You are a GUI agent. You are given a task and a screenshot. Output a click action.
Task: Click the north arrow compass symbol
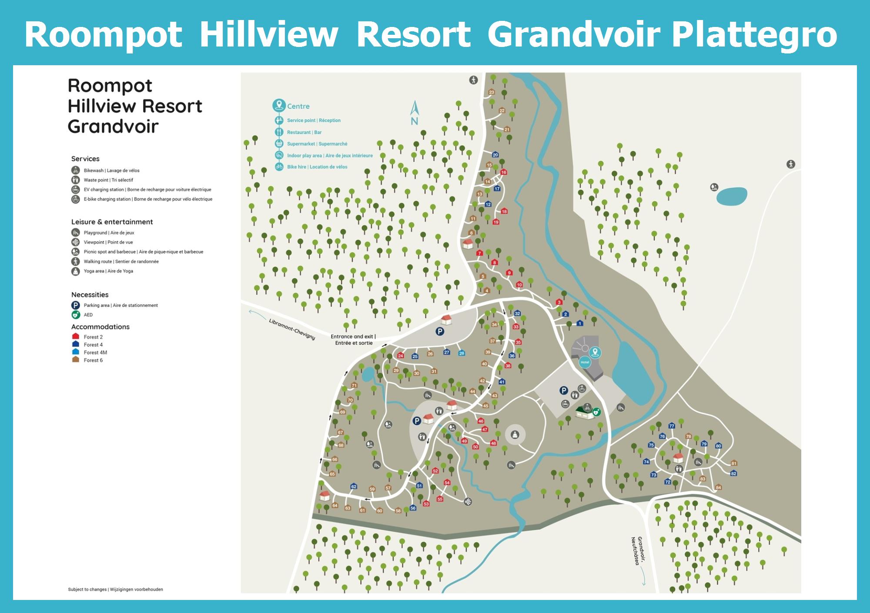[415, 113]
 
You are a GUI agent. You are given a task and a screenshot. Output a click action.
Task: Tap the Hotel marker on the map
[585, 362]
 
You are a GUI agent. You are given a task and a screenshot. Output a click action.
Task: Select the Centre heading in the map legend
[298, 106]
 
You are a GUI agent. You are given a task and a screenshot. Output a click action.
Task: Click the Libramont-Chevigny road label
[291, 329]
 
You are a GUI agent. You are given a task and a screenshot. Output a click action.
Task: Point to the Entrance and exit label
[353, 340]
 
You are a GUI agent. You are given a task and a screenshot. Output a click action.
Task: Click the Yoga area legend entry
[108, 271]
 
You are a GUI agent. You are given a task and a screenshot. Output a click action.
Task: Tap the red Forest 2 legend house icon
[76, 336]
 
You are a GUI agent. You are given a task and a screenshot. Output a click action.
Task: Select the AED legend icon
[76, 315]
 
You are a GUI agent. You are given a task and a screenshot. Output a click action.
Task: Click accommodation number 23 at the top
[492, 92]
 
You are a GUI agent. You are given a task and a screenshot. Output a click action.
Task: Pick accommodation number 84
[718, 487]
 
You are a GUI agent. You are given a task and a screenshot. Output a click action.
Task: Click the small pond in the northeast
[732, 196]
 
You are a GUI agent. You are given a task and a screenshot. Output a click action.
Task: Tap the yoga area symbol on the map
[515, 434]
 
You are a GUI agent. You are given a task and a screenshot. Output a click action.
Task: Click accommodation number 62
[354, 486]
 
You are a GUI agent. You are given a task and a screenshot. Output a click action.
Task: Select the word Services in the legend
[85, 159]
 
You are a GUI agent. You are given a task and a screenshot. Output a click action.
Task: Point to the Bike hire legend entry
[317, 167]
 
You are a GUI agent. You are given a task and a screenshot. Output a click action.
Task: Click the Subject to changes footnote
[115, 590]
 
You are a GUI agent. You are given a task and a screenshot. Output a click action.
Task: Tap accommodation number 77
[672, 426]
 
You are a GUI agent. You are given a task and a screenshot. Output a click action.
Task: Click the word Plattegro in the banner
[754, 35]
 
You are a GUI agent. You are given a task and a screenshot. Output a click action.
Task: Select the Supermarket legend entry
[317, 144]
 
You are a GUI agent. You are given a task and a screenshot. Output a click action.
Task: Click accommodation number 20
[495, 155]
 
